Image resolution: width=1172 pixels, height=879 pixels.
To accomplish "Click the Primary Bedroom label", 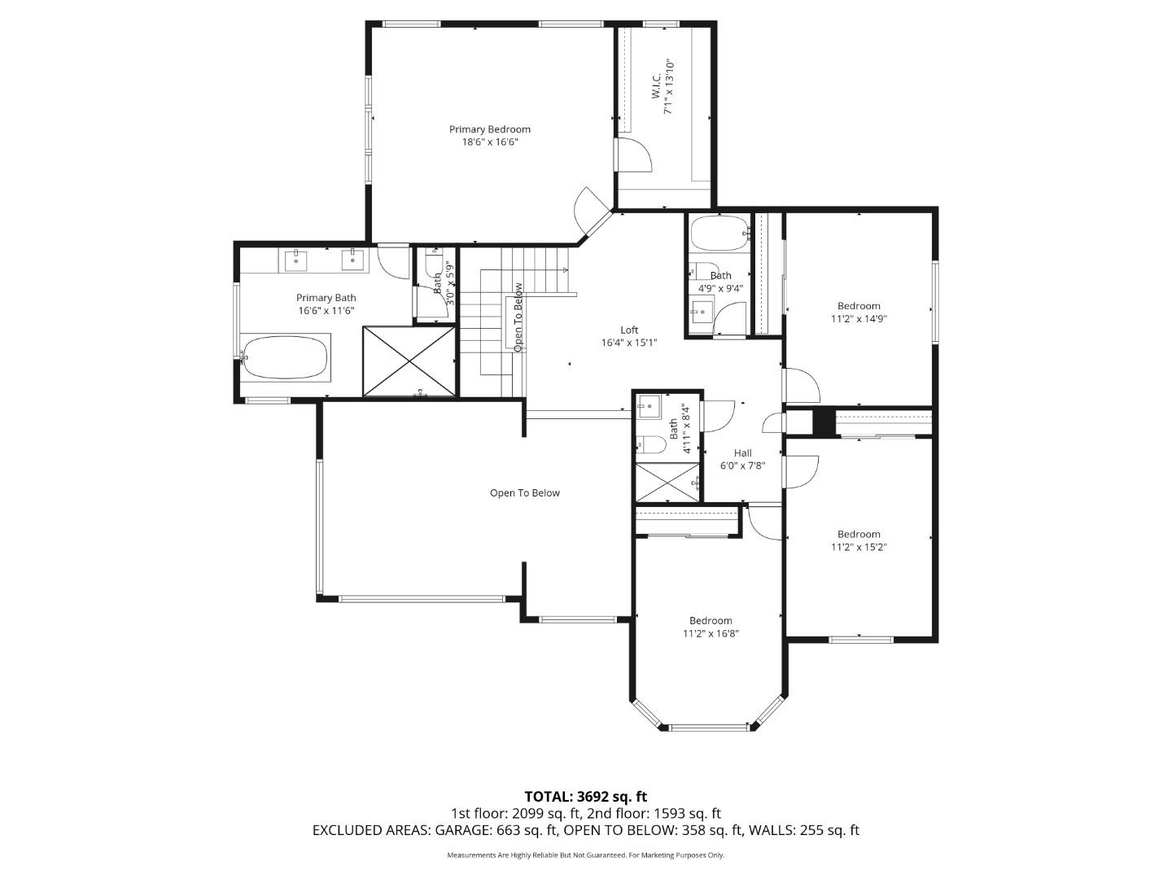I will (x=490, y=129).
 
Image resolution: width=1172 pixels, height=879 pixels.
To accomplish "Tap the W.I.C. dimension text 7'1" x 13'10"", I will (x=668, y=86).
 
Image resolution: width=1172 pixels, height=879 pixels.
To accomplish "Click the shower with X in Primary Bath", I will (x=409, y=361).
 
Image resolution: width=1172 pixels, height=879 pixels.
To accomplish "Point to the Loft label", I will (x=629, y=330).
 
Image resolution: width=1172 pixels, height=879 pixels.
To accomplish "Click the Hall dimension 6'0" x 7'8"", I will (x=742, y=466).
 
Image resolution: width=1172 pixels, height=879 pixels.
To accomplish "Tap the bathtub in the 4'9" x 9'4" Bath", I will (x=719, y=234).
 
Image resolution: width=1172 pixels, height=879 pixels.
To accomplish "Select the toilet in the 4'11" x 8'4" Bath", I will (x=650, y=444).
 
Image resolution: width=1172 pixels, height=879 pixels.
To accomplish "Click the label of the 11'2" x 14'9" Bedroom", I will (x=859, y=306).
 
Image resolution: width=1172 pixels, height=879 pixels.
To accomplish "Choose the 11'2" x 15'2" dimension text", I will (x=859, y=547).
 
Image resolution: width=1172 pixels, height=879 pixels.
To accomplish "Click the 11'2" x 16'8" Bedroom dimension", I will (x=711, y=633).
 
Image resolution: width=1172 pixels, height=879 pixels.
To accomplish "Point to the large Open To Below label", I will (x=525, y=492).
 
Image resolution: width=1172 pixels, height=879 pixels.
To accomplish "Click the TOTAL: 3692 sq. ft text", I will (x=585, y=796).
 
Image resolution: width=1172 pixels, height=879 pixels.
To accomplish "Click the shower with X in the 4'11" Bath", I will (x=667, y=483).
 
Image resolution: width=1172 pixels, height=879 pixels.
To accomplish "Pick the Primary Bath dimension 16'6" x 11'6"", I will (x=326, y=310).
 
